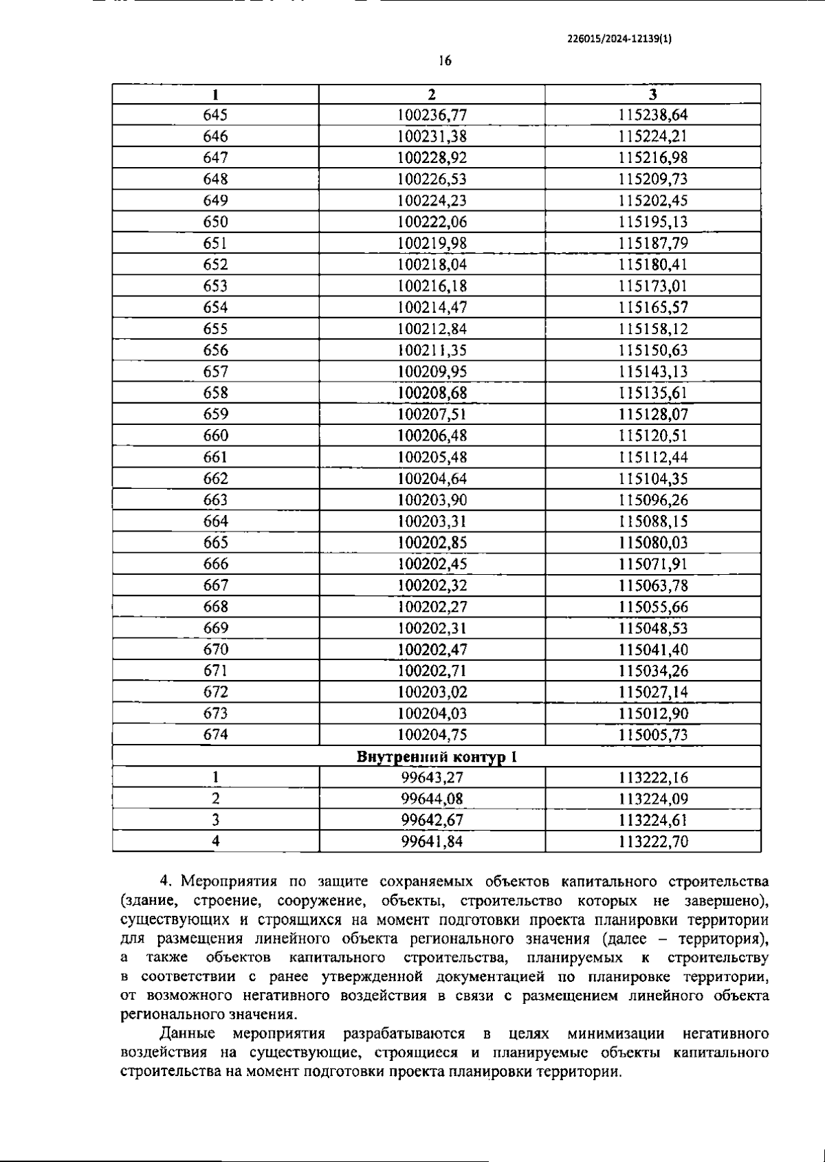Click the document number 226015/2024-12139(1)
619,39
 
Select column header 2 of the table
432,94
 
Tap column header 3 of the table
652,94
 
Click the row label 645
215,115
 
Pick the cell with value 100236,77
432,115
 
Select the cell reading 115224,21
652,136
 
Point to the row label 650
215,221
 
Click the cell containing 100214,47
432,307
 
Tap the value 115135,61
652,393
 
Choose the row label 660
215,435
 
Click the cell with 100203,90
432,500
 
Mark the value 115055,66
652,606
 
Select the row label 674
215,734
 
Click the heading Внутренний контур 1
437,756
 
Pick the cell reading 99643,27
432,778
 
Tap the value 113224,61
652,820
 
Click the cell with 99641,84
432,842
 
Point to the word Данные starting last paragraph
187,1033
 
